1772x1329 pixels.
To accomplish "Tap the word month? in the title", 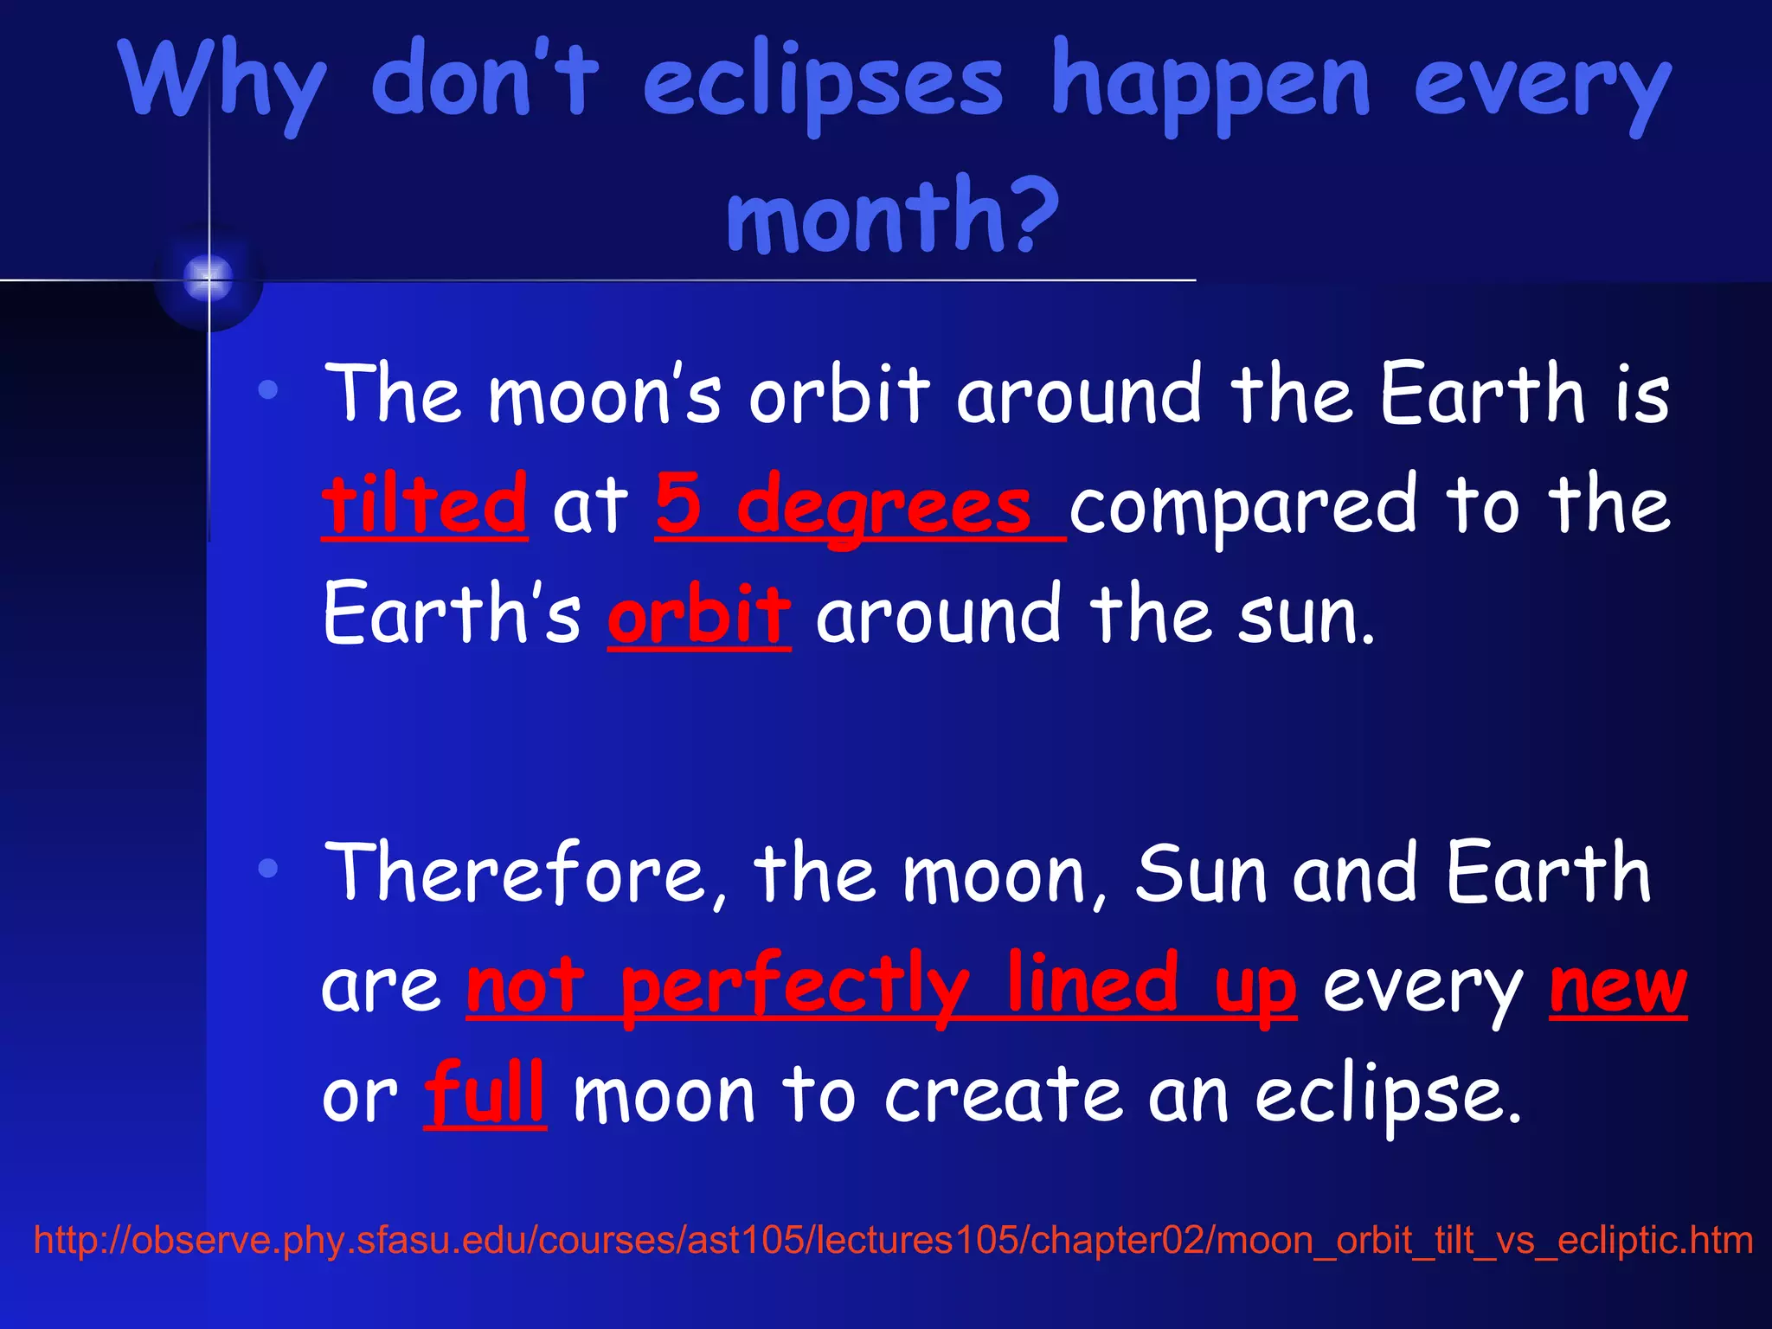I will [x=891, y=215].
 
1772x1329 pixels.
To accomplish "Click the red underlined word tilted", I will [x=424, y=505].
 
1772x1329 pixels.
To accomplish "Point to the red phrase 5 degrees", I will [x=844, y=505].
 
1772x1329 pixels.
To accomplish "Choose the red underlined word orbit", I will [x=699, y=615].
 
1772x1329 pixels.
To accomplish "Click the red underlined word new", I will [x=1617, y=986].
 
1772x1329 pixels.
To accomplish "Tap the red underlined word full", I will [x=485, y=1095].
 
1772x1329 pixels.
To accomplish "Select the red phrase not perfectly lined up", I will [x=881, y=986].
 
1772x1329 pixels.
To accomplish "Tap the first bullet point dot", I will [x=268, y=390].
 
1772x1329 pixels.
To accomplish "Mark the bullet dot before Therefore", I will [x=268, y=868].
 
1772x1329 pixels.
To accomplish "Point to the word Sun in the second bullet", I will [x=1199, y=874].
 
